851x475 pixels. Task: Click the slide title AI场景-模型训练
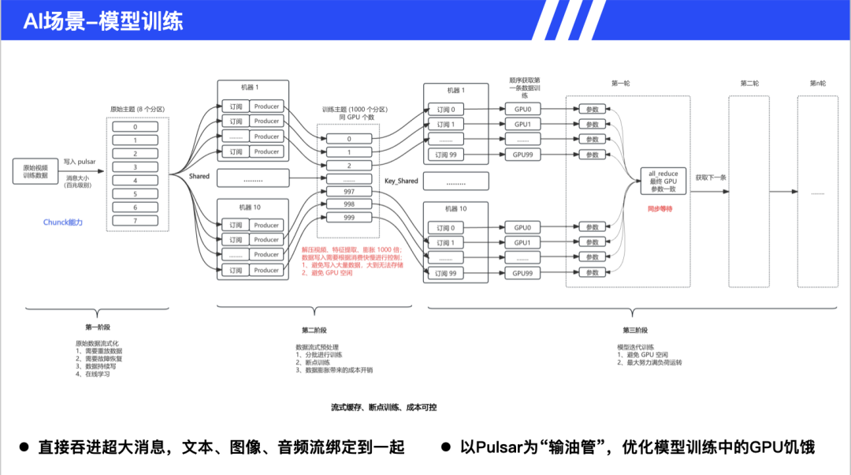pyautogui.click(x=103, y=21)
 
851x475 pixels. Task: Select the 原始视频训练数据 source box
pyautogui.click(x=35, y=171)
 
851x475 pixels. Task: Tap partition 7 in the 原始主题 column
pyautogui.click(x=135, y=220)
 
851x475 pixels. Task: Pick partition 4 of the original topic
pyautogui.click(x=135, y=180)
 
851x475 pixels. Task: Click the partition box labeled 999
pyautogui.click(x=348, y=217)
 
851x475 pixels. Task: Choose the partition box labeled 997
pyautogui.click(x=348, y=191)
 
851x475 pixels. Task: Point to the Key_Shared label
pyautogui.click(x=401, y=181)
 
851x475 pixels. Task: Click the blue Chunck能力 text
pyautogui.click(x=63, y=223)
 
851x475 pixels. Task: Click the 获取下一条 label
pyautogui.click(x=711, y=178)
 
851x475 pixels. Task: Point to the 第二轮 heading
pyautogui.click(x=749, y=83)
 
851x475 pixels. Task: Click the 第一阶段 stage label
pyautogui.click(x=99, y=326)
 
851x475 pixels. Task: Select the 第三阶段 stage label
pyautogui.click(x=634, y=330)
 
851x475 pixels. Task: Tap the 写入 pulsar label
pyautogui.click(x=80, y=162)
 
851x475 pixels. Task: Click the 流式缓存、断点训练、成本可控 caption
pyautogui.click(x=373, y=407)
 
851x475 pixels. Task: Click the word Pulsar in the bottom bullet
pyautogui.click(x=497, y=447)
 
